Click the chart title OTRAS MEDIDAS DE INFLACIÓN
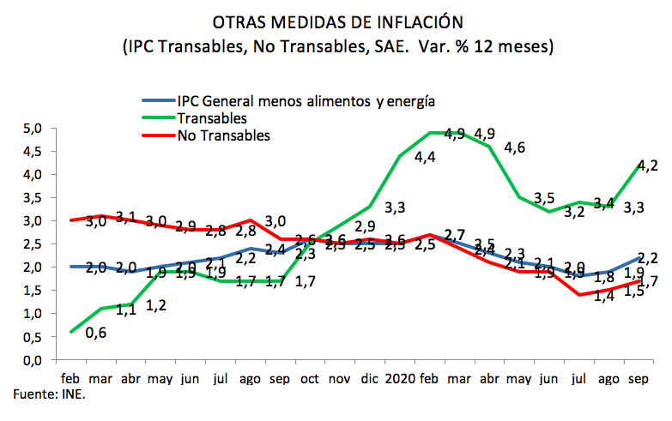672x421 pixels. pyautogui.click(x=336, y=21)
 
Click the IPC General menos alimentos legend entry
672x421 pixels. pyautogui.click(x=306, y=101)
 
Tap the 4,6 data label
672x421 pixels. pyautogui.click(x=515, y=148)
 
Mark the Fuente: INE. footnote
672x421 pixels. pyautogui.click(x=50, y=394)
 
